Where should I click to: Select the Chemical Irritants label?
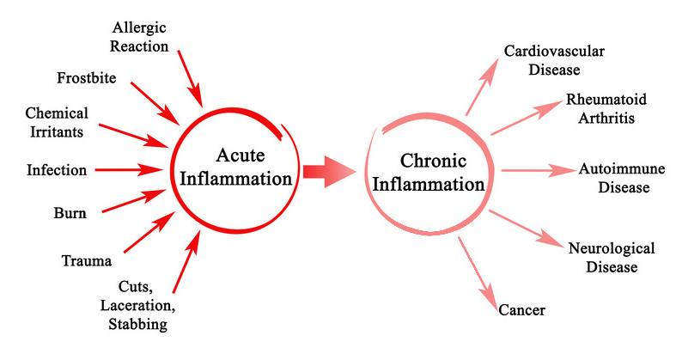tap(57, 121)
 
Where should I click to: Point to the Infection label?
tap(57, 170)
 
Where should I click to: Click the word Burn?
tap(69, 213)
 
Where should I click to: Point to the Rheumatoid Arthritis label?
tap(600, 109)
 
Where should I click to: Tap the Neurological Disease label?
tap(612, 258)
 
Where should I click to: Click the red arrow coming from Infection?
tap(129, 170)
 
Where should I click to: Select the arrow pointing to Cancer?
tap(477, 269)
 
